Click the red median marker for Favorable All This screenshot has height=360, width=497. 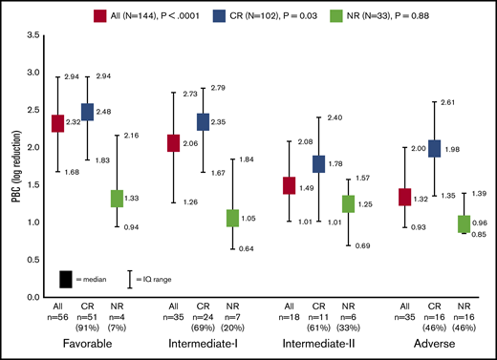coord(57,123)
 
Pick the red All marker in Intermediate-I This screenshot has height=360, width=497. coord(173,142)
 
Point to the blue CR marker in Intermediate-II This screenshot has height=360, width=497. coord(318,163)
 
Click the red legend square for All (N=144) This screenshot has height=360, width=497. coord(126,16)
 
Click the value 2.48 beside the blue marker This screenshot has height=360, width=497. coord(112,113)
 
